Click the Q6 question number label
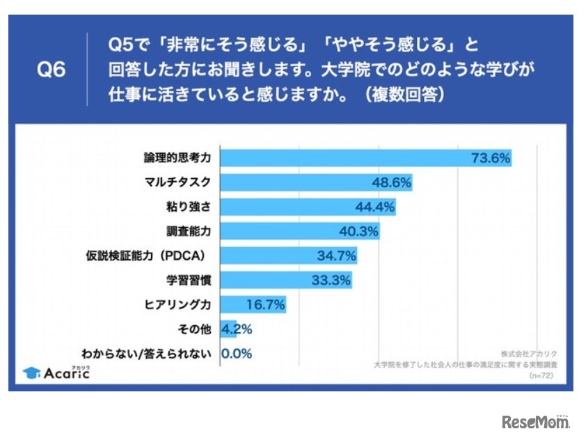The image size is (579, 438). point(50,71)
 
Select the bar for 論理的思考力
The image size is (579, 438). point(365,158)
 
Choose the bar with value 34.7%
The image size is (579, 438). point(289,256)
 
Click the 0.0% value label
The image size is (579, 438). point(237,353)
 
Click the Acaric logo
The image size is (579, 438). point(57,373)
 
